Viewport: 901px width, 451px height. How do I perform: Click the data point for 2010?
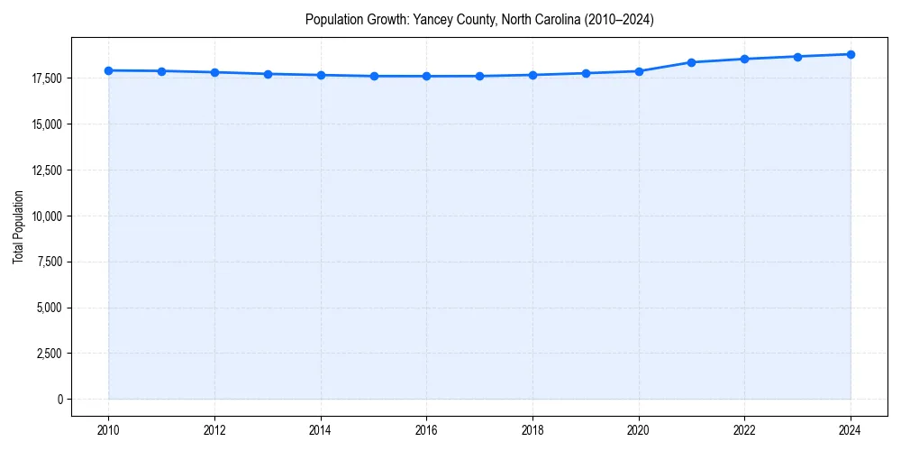pyautogui.click(x=108, y=70)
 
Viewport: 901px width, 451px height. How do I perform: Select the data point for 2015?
pyautogui.click(x=374, y=76)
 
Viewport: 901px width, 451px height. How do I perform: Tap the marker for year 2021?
pyautogui.click(x=691, y=62)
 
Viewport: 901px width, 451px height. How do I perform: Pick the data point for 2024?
pyautogui.click(x=851, y=54)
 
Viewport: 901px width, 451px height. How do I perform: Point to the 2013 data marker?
pyautogui.click(x=268, y=74)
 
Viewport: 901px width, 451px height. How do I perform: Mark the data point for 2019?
pyautogui.click(x=586, y=73)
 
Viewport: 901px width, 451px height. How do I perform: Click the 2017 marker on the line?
pyautogui.click(x=479, y=76)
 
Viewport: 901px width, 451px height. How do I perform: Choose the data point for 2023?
pyautogui.click(x=797, y=57)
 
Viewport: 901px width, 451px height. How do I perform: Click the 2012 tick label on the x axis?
pyautogui.click(x=214, y=430)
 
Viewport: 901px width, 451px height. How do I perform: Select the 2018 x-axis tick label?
pyautogui.click(x=532, y=430)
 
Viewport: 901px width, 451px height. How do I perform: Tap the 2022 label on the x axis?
pyautogui.click(x=744, y=430)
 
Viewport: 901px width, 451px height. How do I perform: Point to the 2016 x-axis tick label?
pyautogui.click(x=426, y=430)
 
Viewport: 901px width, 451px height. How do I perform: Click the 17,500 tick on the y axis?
pyautogui.click(x=47, y=78)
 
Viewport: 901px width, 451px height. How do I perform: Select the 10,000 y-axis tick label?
pyautogui.click(x=47, y=216)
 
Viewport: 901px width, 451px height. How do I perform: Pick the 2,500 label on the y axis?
pyautogui.click(x=50, y=354)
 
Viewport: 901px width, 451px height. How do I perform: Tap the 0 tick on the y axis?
pyautogui.click(x=60, y=399)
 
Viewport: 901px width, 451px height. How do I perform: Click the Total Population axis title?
pyautogui.click(x=18, y=239)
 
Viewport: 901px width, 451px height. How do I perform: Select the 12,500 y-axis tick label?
pyautogui.click(x=47, y=170)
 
